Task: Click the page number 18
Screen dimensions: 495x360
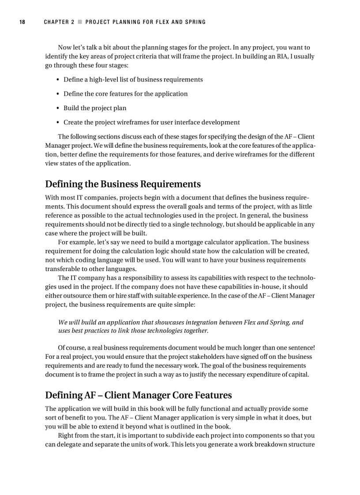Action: tap(22, 22)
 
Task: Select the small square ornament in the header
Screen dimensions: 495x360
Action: tap(80, 22)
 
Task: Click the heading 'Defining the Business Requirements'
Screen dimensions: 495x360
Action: tap(123, 184)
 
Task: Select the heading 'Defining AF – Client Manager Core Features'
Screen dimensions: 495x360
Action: tap(138, 395)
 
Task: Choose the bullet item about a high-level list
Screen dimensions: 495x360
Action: tap(133, 80)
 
